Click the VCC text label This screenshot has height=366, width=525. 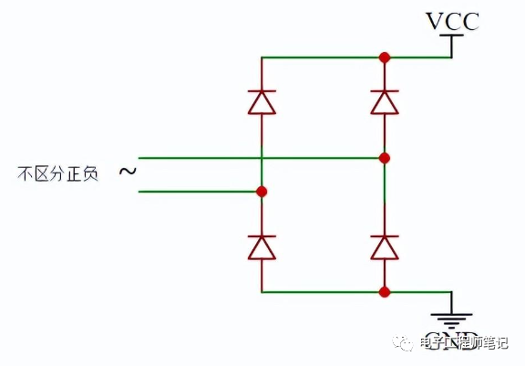tap(451, 19)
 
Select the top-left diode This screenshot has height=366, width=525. tap(262, 102)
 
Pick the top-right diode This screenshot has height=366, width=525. tap(385, 102)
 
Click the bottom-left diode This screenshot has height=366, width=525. tap(262, 246)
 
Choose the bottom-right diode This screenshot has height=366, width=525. tap(385, 246)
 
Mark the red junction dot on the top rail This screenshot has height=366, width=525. tap(385, 58)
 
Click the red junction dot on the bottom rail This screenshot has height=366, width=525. tap(385, 292)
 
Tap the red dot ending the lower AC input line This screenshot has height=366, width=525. tap(262, 192)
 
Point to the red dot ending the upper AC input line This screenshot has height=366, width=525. tap(385, 158)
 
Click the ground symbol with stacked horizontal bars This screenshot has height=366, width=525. tap(451, 319)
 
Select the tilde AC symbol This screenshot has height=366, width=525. tap(127, 172)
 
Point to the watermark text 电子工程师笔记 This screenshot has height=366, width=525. tap(465, 343)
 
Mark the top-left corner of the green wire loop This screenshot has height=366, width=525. tap(262, 58)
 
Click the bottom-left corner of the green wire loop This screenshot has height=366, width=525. tap(262, 292)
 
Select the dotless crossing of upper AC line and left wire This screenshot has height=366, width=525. tap(262, 158)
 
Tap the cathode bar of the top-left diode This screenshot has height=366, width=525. tap(262, 91)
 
